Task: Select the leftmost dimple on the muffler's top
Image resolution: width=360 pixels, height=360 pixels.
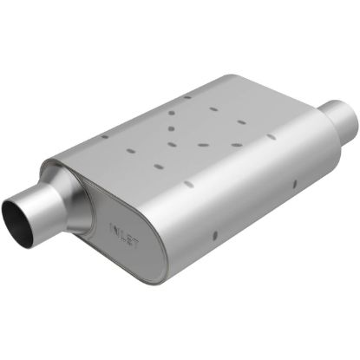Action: [x=105, y=137]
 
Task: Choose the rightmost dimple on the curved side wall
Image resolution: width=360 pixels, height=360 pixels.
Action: [x=296, y=182]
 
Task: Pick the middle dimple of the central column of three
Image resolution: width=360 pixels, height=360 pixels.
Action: [x=172, y=128]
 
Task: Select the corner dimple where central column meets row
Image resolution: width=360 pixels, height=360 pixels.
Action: [x=174, y=144]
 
